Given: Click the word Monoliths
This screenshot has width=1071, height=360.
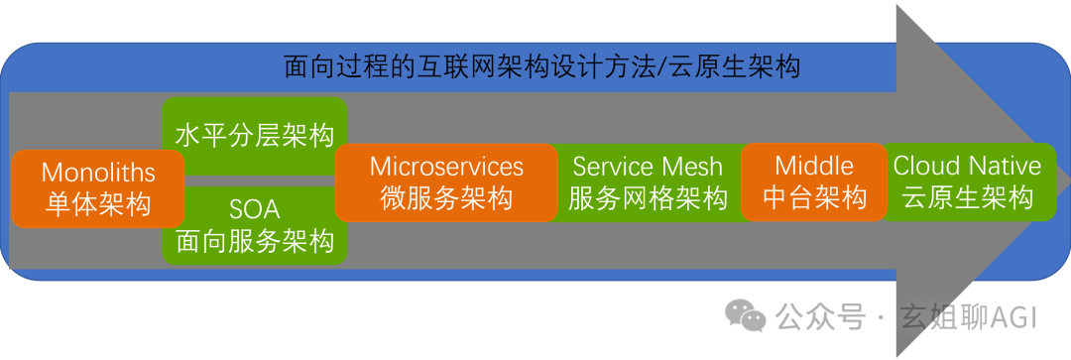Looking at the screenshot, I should tap(98, 173).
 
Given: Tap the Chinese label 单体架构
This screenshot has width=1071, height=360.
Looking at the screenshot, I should tap(98, 204).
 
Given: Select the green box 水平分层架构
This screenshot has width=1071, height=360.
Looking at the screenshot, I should tap(254, 135).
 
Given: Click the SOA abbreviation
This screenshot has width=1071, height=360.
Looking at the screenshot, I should tap(254, 209).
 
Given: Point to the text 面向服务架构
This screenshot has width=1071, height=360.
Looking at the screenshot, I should tap(254, 240).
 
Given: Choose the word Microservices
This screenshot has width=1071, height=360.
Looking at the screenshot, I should tap(446, 166).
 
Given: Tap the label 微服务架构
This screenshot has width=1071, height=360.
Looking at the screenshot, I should tap(446, 197).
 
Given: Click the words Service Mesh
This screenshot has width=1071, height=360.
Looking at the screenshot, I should tap(648, 167).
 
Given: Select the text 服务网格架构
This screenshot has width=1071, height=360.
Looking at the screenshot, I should tap(648, 198).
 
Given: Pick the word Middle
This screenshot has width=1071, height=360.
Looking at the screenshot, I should tap(813, 166).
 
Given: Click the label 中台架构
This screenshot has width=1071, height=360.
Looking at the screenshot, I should tap(813, 197).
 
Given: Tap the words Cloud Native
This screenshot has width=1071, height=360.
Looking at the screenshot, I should tap(967, 166).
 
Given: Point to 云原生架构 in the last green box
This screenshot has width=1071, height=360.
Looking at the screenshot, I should tap(967, 197).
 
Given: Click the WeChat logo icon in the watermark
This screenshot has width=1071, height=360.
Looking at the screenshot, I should tap(746, 316).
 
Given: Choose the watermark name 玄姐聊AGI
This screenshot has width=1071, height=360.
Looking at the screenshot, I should tap(967, 317).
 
